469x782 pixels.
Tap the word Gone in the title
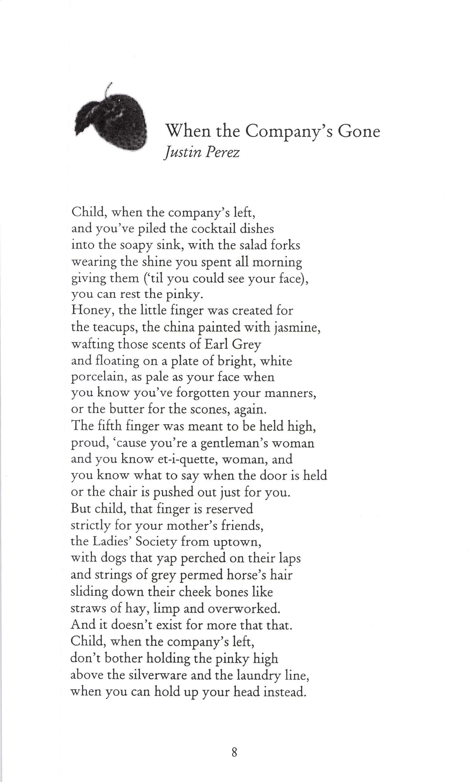tap(359, 131)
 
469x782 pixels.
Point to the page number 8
tap(234, 752)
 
